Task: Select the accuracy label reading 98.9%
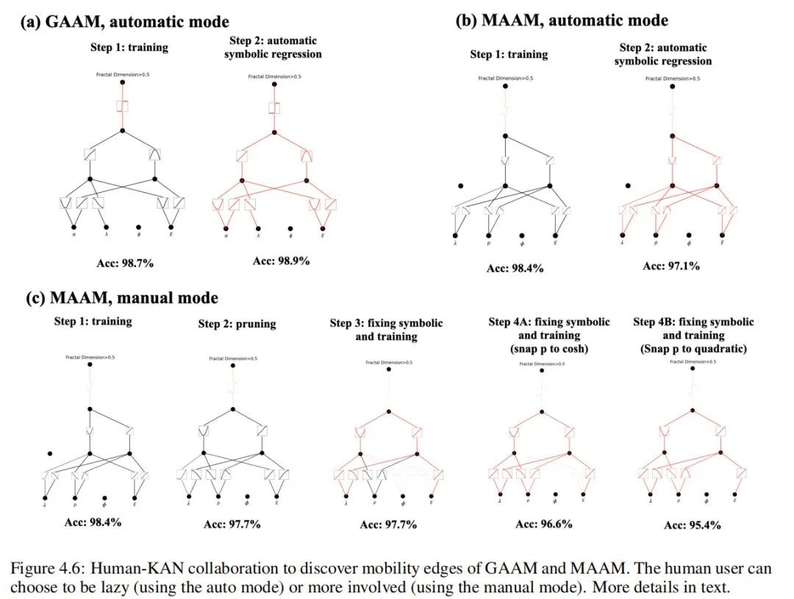[281, 261]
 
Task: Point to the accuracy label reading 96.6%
[543, 524]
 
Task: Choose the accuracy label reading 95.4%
[692, 525]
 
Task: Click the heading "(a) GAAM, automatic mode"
[124, 22]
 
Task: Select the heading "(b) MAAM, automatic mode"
[562, 20]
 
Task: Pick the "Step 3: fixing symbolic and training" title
[386, 330]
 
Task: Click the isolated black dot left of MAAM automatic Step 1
[461, 185]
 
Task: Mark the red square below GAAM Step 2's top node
[273, 107]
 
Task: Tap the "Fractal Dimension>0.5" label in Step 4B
[693, 361]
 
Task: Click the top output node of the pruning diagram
[234, 366]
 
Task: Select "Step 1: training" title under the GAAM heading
[126, 47]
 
